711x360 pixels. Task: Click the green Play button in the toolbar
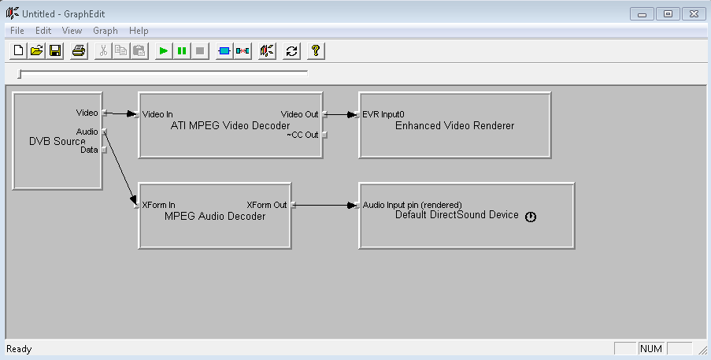(163, 51)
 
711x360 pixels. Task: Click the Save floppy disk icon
(55, 51)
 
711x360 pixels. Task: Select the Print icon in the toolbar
(79, 51)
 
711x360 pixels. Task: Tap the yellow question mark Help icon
(315, 51)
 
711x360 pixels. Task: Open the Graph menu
(106, 31)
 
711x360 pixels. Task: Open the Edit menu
(43, 31)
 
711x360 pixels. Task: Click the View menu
(72, 31)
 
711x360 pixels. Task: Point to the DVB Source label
(57, 141)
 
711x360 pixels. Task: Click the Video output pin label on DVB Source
(87, 113)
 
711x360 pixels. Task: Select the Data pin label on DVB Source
(89, 150)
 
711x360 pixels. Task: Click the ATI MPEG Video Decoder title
(230, 125)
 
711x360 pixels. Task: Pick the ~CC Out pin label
(302, 135)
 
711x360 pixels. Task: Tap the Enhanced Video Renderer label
(454, 125)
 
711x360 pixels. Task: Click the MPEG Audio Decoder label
(215, 217)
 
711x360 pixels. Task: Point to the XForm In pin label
(159, 205)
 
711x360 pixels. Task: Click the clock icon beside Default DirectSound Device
(531, 217)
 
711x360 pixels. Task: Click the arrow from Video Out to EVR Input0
(339, 114)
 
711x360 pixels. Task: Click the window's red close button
(693, 13)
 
